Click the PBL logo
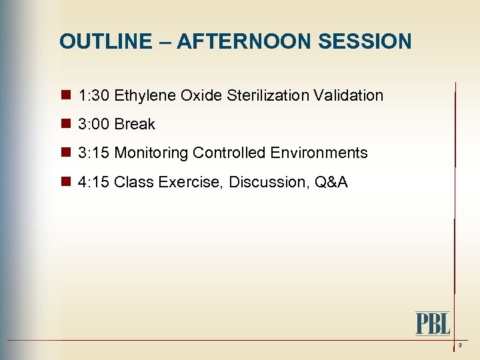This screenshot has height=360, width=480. coord(433,323)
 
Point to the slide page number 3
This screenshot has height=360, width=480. coord(460,345)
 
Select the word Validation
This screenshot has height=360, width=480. coord(351,95)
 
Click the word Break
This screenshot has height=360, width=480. coord(135,124)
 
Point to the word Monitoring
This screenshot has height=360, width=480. coord(151,153)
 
